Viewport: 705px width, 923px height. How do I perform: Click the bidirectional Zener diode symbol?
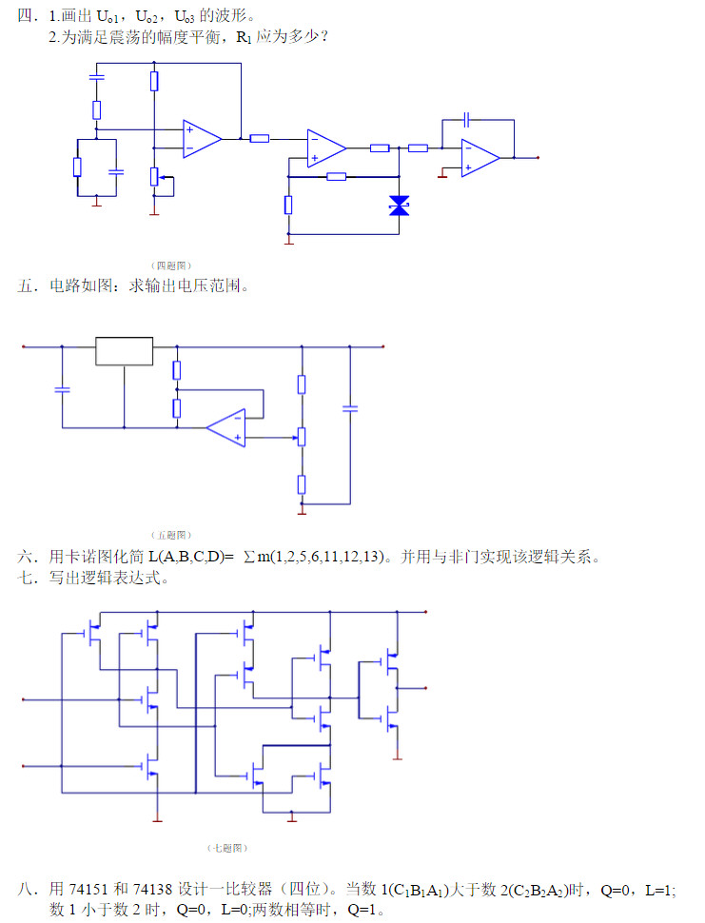[399, 206]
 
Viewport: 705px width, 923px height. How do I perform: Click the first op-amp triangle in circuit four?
[201, 139]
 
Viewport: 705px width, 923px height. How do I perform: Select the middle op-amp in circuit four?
[325, 147]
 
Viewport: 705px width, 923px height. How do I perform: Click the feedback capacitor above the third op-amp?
[466, 120]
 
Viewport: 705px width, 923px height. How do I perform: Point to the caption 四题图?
[172, 265]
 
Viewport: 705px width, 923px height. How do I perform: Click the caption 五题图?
[172, 535]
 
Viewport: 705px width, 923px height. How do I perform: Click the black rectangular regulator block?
[124, 351]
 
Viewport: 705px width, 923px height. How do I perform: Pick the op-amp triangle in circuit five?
[227, 428]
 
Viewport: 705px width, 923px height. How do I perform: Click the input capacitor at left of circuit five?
[62, 388]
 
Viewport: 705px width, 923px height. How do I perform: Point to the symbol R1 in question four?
[244, 38]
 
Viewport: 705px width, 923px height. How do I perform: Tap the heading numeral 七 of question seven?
[26, 579]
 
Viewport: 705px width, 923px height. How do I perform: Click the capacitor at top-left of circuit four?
[96, 75]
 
